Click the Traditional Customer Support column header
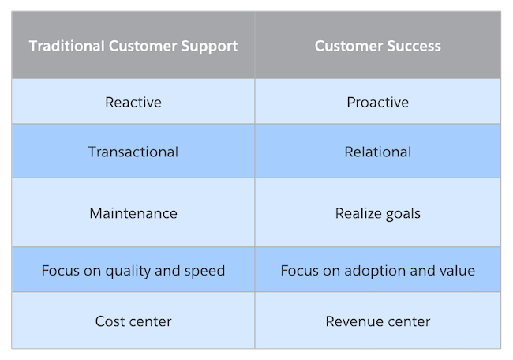(x=133, y=46)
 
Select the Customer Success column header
(x=378, y=46)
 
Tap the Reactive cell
(x=133, y=103)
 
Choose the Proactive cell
(x=378, y=103)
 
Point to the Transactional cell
(x=133, y=152)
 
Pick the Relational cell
(x=378, y=152)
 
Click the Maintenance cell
(x=133, y=213)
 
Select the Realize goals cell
(x=378, y=213)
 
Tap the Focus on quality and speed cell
(x=133, y=271)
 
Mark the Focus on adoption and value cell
(x=378, y=271)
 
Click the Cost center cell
(x=133, y=321)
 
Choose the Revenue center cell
(x=378, y=321)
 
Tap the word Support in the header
(x=212, y=46)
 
